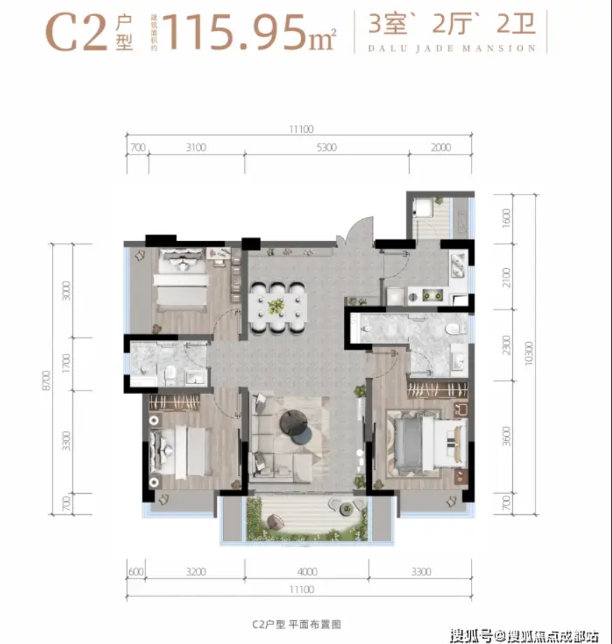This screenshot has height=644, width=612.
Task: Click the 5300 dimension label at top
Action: [x=327, y=147]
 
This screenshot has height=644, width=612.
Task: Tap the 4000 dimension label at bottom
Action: [x=307, y=572]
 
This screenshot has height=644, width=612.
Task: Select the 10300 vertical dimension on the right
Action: [x=528, y=353]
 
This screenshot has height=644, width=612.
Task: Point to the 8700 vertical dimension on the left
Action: [x=46, y=381]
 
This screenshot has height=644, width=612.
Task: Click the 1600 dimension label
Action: [x=507, y=218]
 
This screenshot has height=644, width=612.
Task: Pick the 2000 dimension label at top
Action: [x=441, y=147]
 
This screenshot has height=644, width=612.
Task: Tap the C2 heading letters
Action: [x=76, y=33]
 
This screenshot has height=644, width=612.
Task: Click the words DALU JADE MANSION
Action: [x=452, y=48]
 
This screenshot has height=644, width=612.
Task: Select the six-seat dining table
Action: [x=278, y=306]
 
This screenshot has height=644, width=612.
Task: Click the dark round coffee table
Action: [x=294, y=421]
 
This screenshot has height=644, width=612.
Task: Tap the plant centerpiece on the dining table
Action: [x=276, y=306]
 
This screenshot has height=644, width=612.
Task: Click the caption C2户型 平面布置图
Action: [x=296, y=625]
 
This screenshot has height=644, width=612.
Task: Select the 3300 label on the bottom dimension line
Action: [x=421, y=572]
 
